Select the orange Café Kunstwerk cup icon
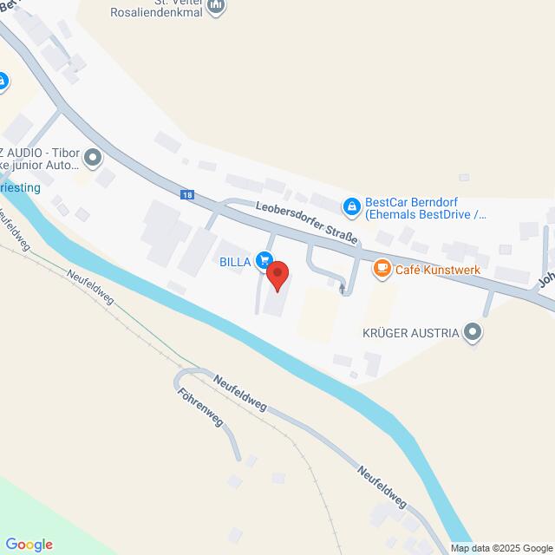click(381, 270)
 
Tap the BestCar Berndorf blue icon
click(352, 206)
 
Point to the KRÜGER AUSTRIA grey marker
click(473, 331)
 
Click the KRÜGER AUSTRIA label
click(411, 332)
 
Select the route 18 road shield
click(188, 195)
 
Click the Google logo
click(29, 545)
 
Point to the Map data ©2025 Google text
click(502, 548)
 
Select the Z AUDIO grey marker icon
click(94, 158)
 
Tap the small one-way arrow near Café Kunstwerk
click(342, 286)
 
